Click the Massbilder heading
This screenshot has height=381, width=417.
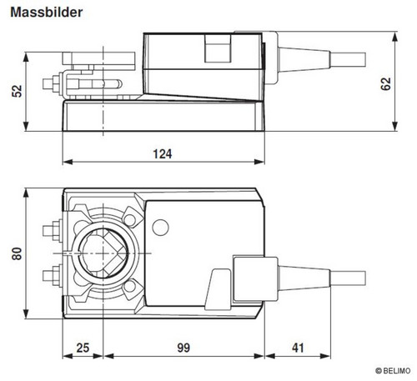(47, 13)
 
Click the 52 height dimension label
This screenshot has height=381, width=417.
(17, 91)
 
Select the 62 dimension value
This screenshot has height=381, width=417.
(385, 84)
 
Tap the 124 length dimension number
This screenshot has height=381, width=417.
(163, 154)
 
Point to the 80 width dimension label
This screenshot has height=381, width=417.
(17, 253)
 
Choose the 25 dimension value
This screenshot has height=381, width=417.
(83, 348)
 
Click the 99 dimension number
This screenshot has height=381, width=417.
(183, 348)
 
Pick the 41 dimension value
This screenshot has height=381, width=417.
(298, 348)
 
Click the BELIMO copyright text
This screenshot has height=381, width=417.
(393, 371)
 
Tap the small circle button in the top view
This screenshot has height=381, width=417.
(160, 228)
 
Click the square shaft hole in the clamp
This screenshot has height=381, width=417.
(103, 253)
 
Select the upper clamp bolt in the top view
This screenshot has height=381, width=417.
(53, 230)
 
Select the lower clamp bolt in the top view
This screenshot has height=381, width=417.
(53, 276)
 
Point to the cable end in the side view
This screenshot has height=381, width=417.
(348, 60)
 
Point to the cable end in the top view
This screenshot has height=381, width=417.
(348, 278)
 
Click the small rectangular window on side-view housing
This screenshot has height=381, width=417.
(218, 48)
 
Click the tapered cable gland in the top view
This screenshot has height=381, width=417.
(304, 278)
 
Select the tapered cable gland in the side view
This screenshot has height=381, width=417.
(304, 60)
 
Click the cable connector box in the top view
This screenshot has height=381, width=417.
(255, 279)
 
